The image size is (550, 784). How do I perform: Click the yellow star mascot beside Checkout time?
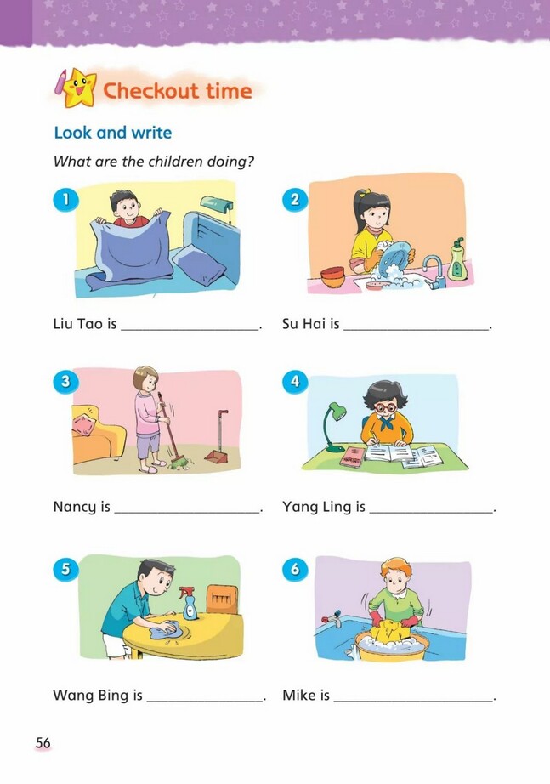pos(79,89)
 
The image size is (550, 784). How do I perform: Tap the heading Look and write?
pos(113,133)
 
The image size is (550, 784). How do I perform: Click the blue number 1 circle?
pos(65,199)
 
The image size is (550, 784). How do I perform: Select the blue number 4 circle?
pos(295,381)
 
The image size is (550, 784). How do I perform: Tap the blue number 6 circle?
pos(295,569)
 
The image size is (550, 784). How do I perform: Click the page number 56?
pos(43,743)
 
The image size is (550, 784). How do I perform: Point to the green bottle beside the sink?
pos(457,260)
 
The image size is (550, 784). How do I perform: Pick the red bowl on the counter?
pos(332,277)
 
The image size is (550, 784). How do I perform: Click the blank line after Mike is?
pos(413,701)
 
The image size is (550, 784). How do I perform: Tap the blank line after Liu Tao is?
pos(190,329)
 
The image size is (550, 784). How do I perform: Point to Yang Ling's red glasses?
pos(385,407)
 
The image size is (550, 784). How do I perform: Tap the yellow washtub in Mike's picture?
pos(391,648)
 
